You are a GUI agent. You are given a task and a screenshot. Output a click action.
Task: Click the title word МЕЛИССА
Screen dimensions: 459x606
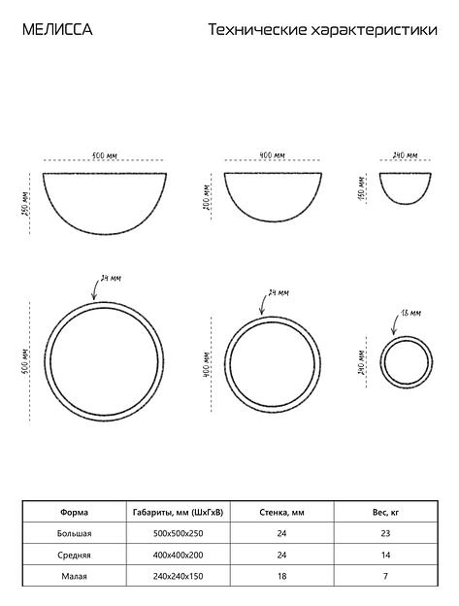tap(57, 30)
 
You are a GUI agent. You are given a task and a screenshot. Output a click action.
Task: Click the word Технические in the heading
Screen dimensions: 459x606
tap(257, 30)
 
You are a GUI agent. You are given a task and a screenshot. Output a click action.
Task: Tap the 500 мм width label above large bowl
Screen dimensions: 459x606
tap(104, 155)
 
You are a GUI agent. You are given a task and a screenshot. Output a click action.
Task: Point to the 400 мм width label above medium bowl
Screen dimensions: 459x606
tap(272, 155)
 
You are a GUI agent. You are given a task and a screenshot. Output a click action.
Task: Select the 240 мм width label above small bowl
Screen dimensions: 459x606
tap(405, 155)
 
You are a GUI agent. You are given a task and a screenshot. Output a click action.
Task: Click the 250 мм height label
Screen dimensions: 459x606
tap(25, 204)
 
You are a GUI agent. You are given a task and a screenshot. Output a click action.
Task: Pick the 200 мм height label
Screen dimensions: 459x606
tap(206, 197)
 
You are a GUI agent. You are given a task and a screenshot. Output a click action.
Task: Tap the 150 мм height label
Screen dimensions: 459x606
tap(361, 188)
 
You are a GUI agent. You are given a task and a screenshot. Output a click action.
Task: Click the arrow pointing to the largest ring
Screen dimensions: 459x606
tap(93, 289)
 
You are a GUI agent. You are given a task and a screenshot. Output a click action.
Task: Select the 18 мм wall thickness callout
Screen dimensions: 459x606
tap(410, 313)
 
